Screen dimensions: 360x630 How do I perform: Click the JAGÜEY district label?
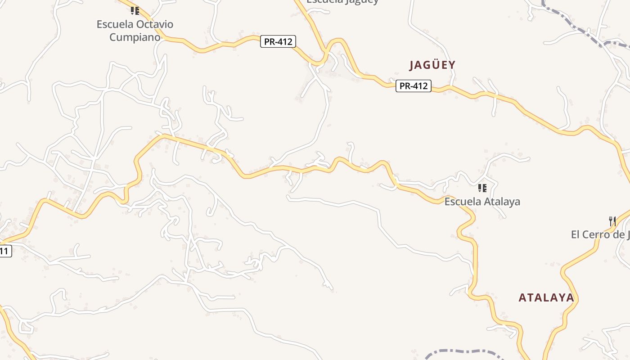(432, 65)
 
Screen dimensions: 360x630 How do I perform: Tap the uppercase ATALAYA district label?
(546, 298)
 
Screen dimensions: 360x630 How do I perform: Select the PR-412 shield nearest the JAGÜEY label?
(414, 86)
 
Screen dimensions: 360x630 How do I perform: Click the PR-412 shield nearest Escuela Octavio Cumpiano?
(278, 42)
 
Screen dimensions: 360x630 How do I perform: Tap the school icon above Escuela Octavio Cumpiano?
(135, 10)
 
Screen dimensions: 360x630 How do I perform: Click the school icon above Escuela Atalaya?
(482, 188)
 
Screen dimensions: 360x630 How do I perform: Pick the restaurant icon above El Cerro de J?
(612, 221)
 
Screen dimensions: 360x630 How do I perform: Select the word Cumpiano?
(135, 37)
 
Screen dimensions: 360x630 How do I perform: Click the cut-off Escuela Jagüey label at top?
(342, 1)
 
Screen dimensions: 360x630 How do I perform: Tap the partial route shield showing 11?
(4, 251)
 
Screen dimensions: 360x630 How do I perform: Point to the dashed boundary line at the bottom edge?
(459, 351)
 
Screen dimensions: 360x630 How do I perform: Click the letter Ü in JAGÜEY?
(432, 65)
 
